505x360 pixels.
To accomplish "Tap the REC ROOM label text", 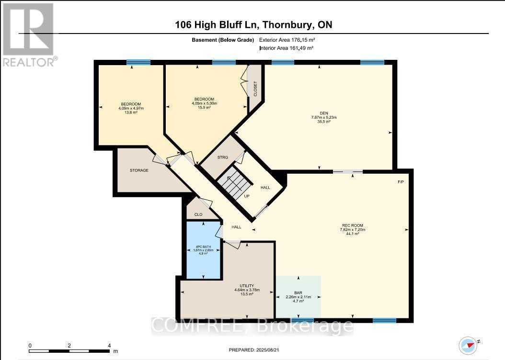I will click(x=353, y=225).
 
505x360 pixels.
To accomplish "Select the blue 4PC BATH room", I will click(x=203, y=250).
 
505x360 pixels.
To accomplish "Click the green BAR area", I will click(x=298, y=297).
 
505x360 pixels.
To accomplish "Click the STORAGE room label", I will click(x=139, y=170).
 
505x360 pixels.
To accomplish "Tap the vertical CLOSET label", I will click(x=255, y=89).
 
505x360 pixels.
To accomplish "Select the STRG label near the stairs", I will click(x=223, y=157).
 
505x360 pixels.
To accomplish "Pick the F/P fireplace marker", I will click(x=401, y=182).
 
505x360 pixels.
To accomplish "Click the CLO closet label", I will click(x=198, y=214).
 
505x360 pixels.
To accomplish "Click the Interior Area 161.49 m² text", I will click(x=287, y=48).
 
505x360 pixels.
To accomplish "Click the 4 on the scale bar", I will click(x=109, y=346).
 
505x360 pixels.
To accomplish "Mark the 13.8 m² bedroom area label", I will click(x=131, y=112).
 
